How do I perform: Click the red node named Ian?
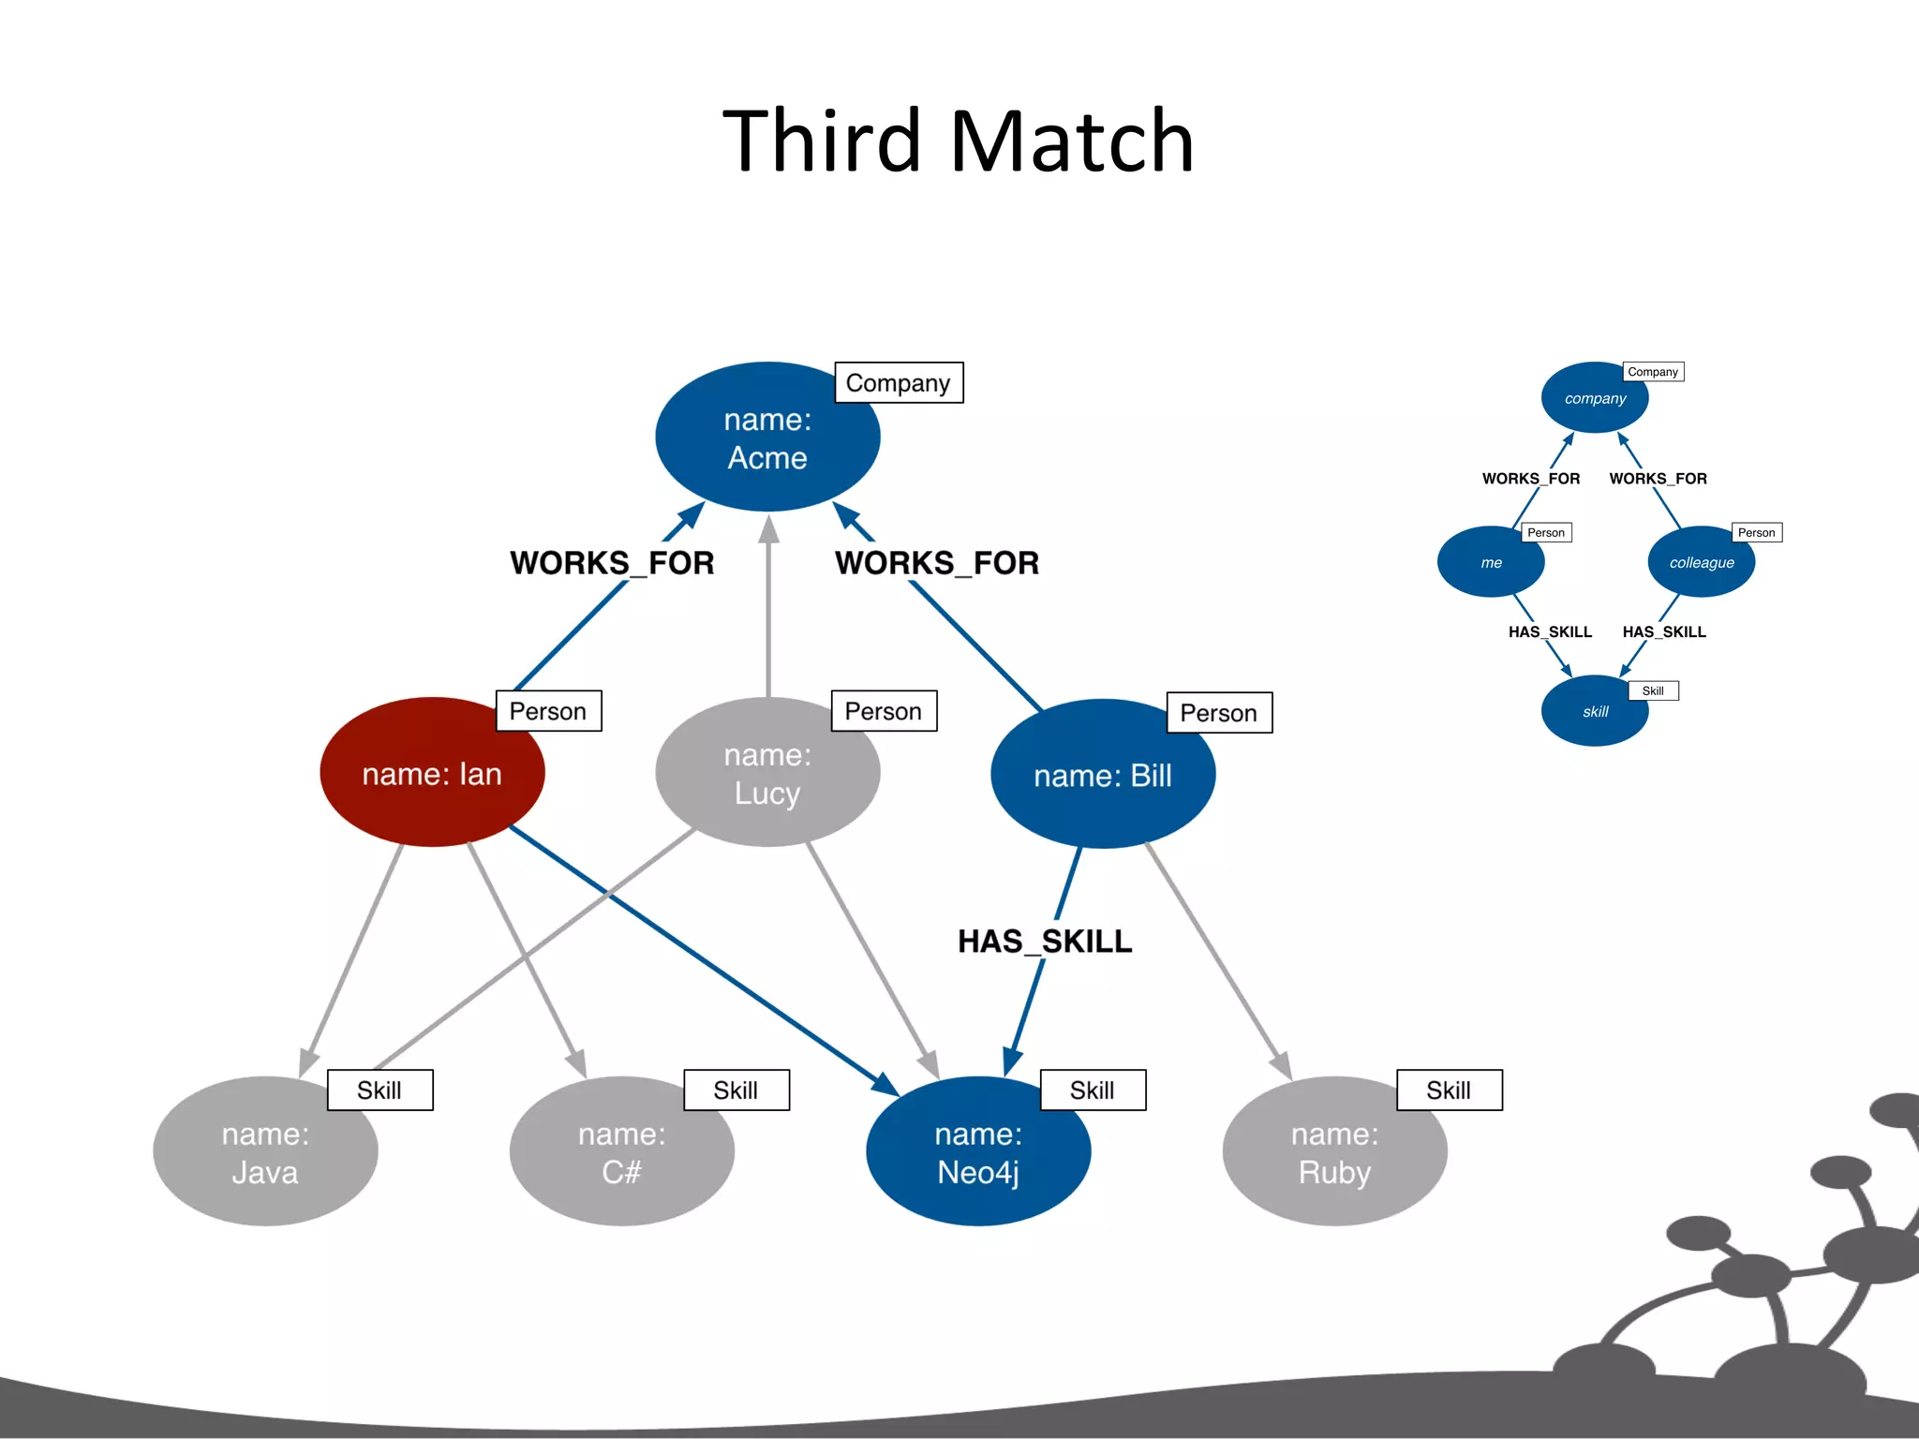point(432,773)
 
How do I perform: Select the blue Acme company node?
point(767,438)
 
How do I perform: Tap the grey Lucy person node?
point(767,774)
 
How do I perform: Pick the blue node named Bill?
point(1103,775)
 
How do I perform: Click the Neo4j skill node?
point(978,1152)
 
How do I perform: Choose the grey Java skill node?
point(265,1152)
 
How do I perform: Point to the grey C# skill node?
point(621,1152)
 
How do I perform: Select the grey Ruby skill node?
point(1334,1152)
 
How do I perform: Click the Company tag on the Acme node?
point(899,382)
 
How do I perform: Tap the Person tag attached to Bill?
point(1219,713)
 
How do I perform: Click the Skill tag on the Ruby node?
point(1449,1090)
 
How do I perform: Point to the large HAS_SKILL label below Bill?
point(1045,941)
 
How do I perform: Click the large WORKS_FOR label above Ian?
point(612,563)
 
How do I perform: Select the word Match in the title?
point(1072,141)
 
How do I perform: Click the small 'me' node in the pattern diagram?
point(1491,562)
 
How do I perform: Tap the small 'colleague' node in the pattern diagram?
point(1702,562)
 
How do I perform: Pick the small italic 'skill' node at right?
point(1595,712)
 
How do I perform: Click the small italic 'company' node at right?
point(1595,398)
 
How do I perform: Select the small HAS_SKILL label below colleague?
point(1664,632)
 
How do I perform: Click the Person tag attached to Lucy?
point(884,711)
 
